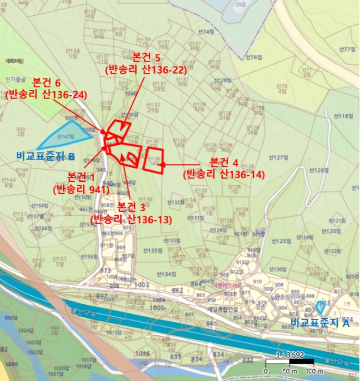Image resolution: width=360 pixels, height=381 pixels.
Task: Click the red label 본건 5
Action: point(146,57)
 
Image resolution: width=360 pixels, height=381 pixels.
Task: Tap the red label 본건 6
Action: point(46,82)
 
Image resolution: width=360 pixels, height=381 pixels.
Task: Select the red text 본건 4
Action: point(224,162)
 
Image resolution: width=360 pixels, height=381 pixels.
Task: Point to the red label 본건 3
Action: point(131,207)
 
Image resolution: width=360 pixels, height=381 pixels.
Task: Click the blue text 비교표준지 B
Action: point(46,157)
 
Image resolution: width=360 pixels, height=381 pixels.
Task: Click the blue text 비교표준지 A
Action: point(320,322)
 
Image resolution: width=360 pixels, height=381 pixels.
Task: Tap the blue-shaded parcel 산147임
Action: point(63,137)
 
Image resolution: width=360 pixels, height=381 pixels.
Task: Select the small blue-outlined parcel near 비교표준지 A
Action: point(320,306)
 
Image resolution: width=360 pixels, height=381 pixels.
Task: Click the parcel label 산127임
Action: point(277,157)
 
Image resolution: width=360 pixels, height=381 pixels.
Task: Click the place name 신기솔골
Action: point(16,79)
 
